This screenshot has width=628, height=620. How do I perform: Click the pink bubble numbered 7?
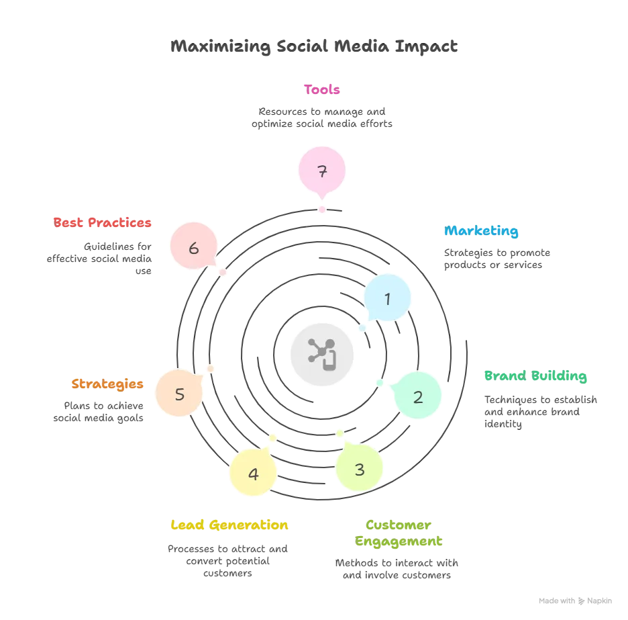click(x=322, y=170)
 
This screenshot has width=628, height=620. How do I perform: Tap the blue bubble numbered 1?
click(x=387, y=298)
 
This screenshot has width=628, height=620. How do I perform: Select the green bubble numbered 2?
click(x=417, y=396)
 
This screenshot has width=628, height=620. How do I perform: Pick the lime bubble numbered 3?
click(x=359, y=468)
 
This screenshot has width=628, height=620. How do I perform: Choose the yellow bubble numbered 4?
click(x=253, y=472)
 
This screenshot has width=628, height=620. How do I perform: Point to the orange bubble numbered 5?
click(x=179, y=393)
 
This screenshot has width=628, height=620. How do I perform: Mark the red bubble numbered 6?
click(x=193, y=246)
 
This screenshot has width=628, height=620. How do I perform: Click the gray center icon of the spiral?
click(x=322, y=355)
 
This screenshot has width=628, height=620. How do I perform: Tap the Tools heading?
click(x=321, y=89)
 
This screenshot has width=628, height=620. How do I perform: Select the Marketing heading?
click(x=481, y=230)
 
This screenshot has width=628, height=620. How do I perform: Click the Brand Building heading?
click(x=535, y=376)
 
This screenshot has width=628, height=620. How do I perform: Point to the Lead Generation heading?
click(x=229, y=525)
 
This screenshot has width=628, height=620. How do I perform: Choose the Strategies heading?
click(x=107, y=384)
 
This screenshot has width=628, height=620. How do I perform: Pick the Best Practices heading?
click(x=102, y=222)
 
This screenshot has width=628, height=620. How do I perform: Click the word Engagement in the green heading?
click(x=399, y=541)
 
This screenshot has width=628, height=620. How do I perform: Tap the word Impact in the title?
click(x=426, y=46)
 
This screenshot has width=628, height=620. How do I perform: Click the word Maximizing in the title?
click(x=221, y=46)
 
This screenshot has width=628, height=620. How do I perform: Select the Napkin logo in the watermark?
click(x=582, y=601)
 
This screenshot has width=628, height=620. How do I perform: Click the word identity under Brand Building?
click(x=503, y=425)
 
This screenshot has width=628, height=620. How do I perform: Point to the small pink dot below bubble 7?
click(x=322, y=210)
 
